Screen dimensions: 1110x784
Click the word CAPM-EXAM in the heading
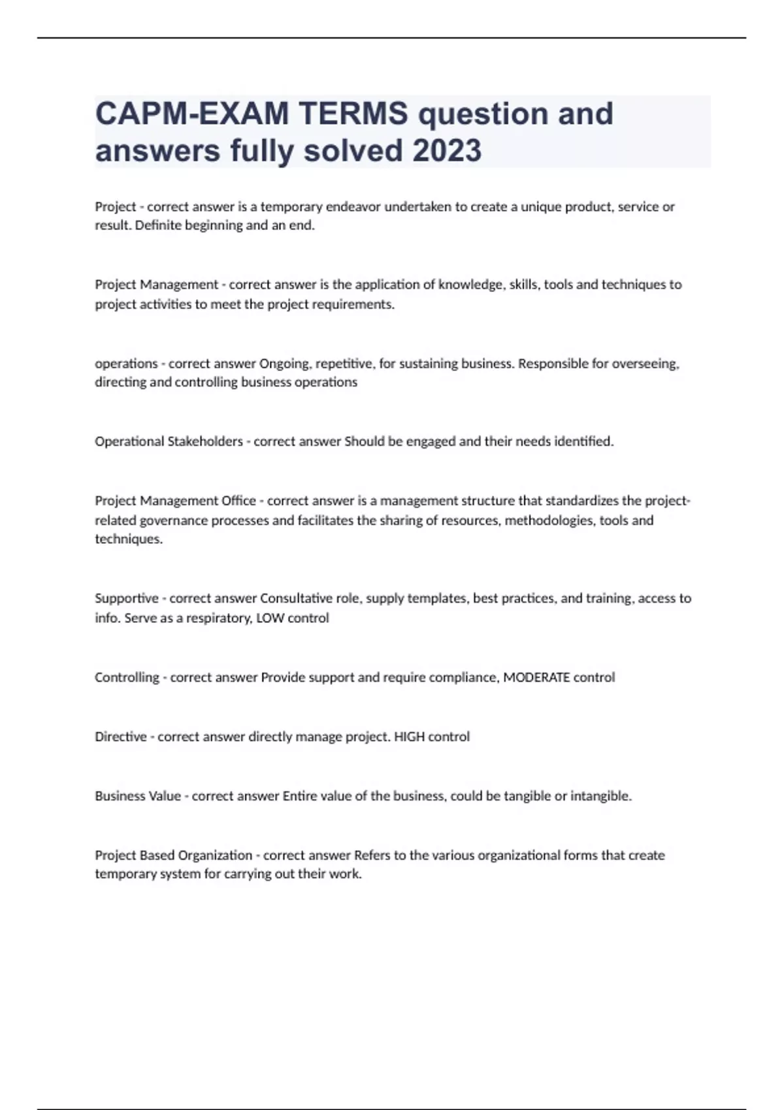(191, 114)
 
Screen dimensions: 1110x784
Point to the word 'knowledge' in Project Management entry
(467, 285)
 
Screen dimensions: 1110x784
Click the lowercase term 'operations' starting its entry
(126, 364)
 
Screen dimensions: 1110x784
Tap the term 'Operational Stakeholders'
(169, 441)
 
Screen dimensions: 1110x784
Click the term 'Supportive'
(127, 598)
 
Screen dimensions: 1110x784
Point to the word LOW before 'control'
(270, 618)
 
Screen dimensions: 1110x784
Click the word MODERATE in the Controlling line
(536, 677)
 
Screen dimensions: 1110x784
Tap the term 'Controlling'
(127, 677)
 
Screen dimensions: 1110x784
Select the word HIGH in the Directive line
(409, 737)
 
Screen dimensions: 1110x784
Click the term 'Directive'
(121, 737)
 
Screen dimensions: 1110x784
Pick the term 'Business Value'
(138, 796)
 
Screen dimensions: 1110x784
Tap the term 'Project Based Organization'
(174, 855)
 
